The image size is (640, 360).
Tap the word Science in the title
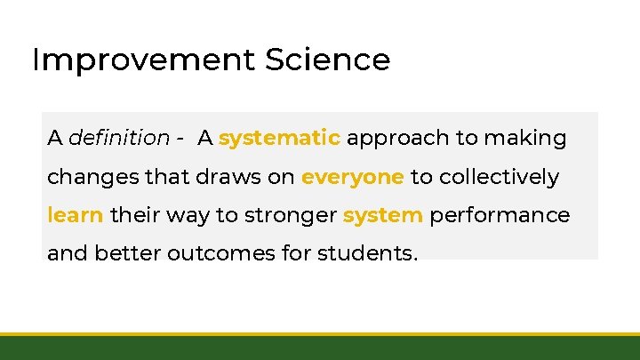pyautogui.click(x=326, y=60)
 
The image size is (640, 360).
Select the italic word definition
pyautogui.click(x=118, y=139)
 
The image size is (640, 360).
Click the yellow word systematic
pyautogui.click(x=279, y=139)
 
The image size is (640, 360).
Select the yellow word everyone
pyautogui.click(x=352, y=178)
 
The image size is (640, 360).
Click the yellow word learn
pyautogui.click(x=76, y=216)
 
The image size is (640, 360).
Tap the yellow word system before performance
pyautogui.click(x=382, y=216)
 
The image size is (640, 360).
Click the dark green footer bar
pyautogui.click(x=320, y=348)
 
